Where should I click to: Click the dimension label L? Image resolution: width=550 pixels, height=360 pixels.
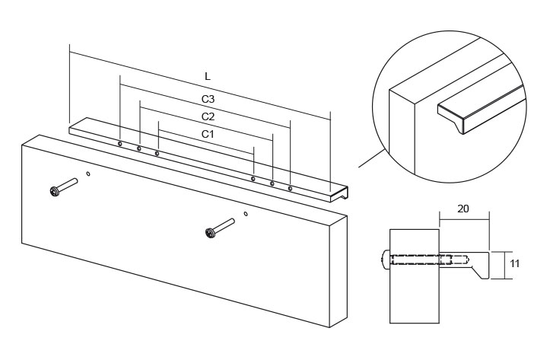(x=208, y=76)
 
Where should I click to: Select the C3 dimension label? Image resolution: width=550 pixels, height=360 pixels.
(x=208, y=99)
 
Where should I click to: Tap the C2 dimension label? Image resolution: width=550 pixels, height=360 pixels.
(x=208, y=116)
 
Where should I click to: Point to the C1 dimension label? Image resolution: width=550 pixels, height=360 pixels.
(x=208, y=134)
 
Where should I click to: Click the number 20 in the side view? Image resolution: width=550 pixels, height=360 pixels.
(x=463, y=209)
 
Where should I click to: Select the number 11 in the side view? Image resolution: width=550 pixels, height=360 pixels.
(x=514, y=263)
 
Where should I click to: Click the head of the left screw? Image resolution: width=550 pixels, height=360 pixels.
(x=54, y=192)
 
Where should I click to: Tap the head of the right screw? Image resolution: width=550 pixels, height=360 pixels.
(x=210, y=233)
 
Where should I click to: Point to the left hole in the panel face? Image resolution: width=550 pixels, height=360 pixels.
(x=88, y=173)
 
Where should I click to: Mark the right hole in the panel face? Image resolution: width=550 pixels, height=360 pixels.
(x=246, y=213)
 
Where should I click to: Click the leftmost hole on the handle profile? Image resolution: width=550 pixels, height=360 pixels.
(x=120, y=144)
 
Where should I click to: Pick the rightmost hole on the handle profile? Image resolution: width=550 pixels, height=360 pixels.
(x=290, y=189)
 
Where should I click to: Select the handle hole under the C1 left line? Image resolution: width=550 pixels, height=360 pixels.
(x=157, y=153)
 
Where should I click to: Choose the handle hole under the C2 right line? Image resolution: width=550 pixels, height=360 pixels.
(x=272, y=183)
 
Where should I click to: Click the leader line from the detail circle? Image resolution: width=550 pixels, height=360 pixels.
(x=372, y=158)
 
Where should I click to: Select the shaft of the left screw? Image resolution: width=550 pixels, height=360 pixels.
(x=68, y=184)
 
